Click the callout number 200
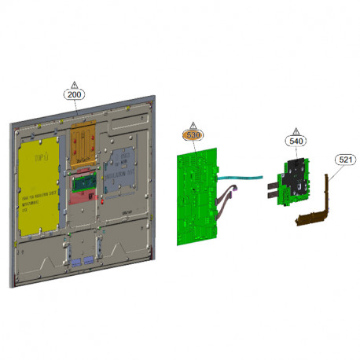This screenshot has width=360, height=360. pyautogui.click(x=75, y=94)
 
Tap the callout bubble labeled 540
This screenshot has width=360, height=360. pyautogui.click(x=296, y=141)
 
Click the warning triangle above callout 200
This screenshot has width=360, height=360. pyautogui.click(x=75, y=83)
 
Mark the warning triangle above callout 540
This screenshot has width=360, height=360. pyautogui.click(x=296, y=130)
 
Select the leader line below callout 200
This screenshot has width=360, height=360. pyautogui.click(x=75, y=109)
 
